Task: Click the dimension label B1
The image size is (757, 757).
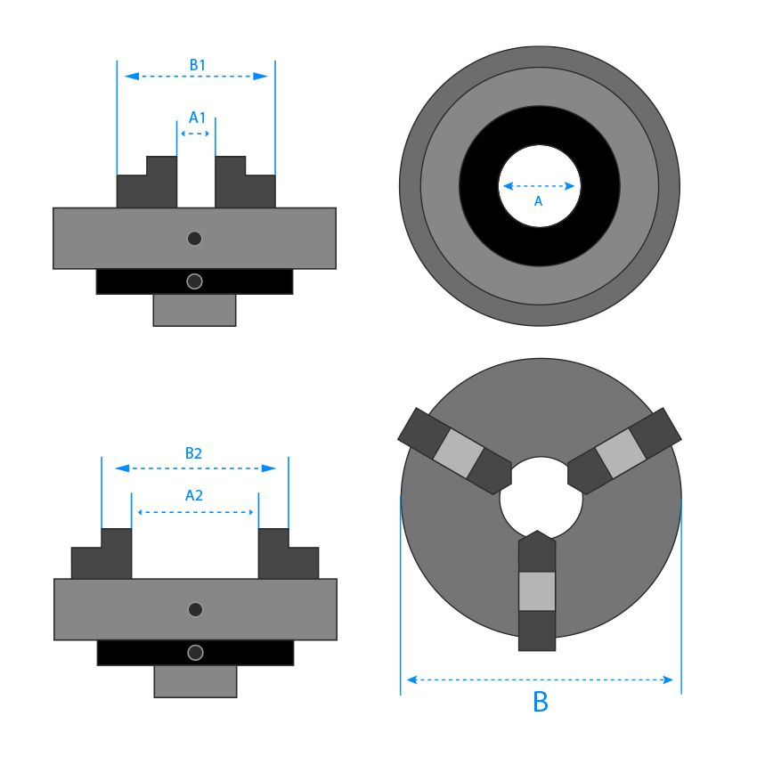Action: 197,65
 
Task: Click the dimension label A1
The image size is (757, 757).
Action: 197,118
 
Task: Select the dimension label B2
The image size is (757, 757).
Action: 193,453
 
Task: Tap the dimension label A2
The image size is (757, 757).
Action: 193,495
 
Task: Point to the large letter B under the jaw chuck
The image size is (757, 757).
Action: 540,702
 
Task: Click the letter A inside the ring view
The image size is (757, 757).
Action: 538,202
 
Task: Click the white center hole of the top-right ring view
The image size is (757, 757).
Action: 539,169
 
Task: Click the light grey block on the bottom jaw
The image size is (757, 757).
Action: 536,591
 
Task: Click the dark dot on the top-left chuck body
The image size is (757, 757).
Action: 195,238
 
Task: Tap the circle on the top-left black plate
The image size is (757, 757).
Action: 195,281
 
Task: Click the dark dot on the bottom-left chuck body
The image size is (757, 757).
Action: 196,609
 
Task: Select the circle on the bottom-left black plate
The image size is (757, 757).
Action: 195,653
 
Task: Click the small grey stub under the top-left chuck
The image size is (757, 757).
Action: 194,310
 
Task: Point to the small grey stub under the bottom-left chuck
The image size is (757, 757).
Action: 195,681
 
